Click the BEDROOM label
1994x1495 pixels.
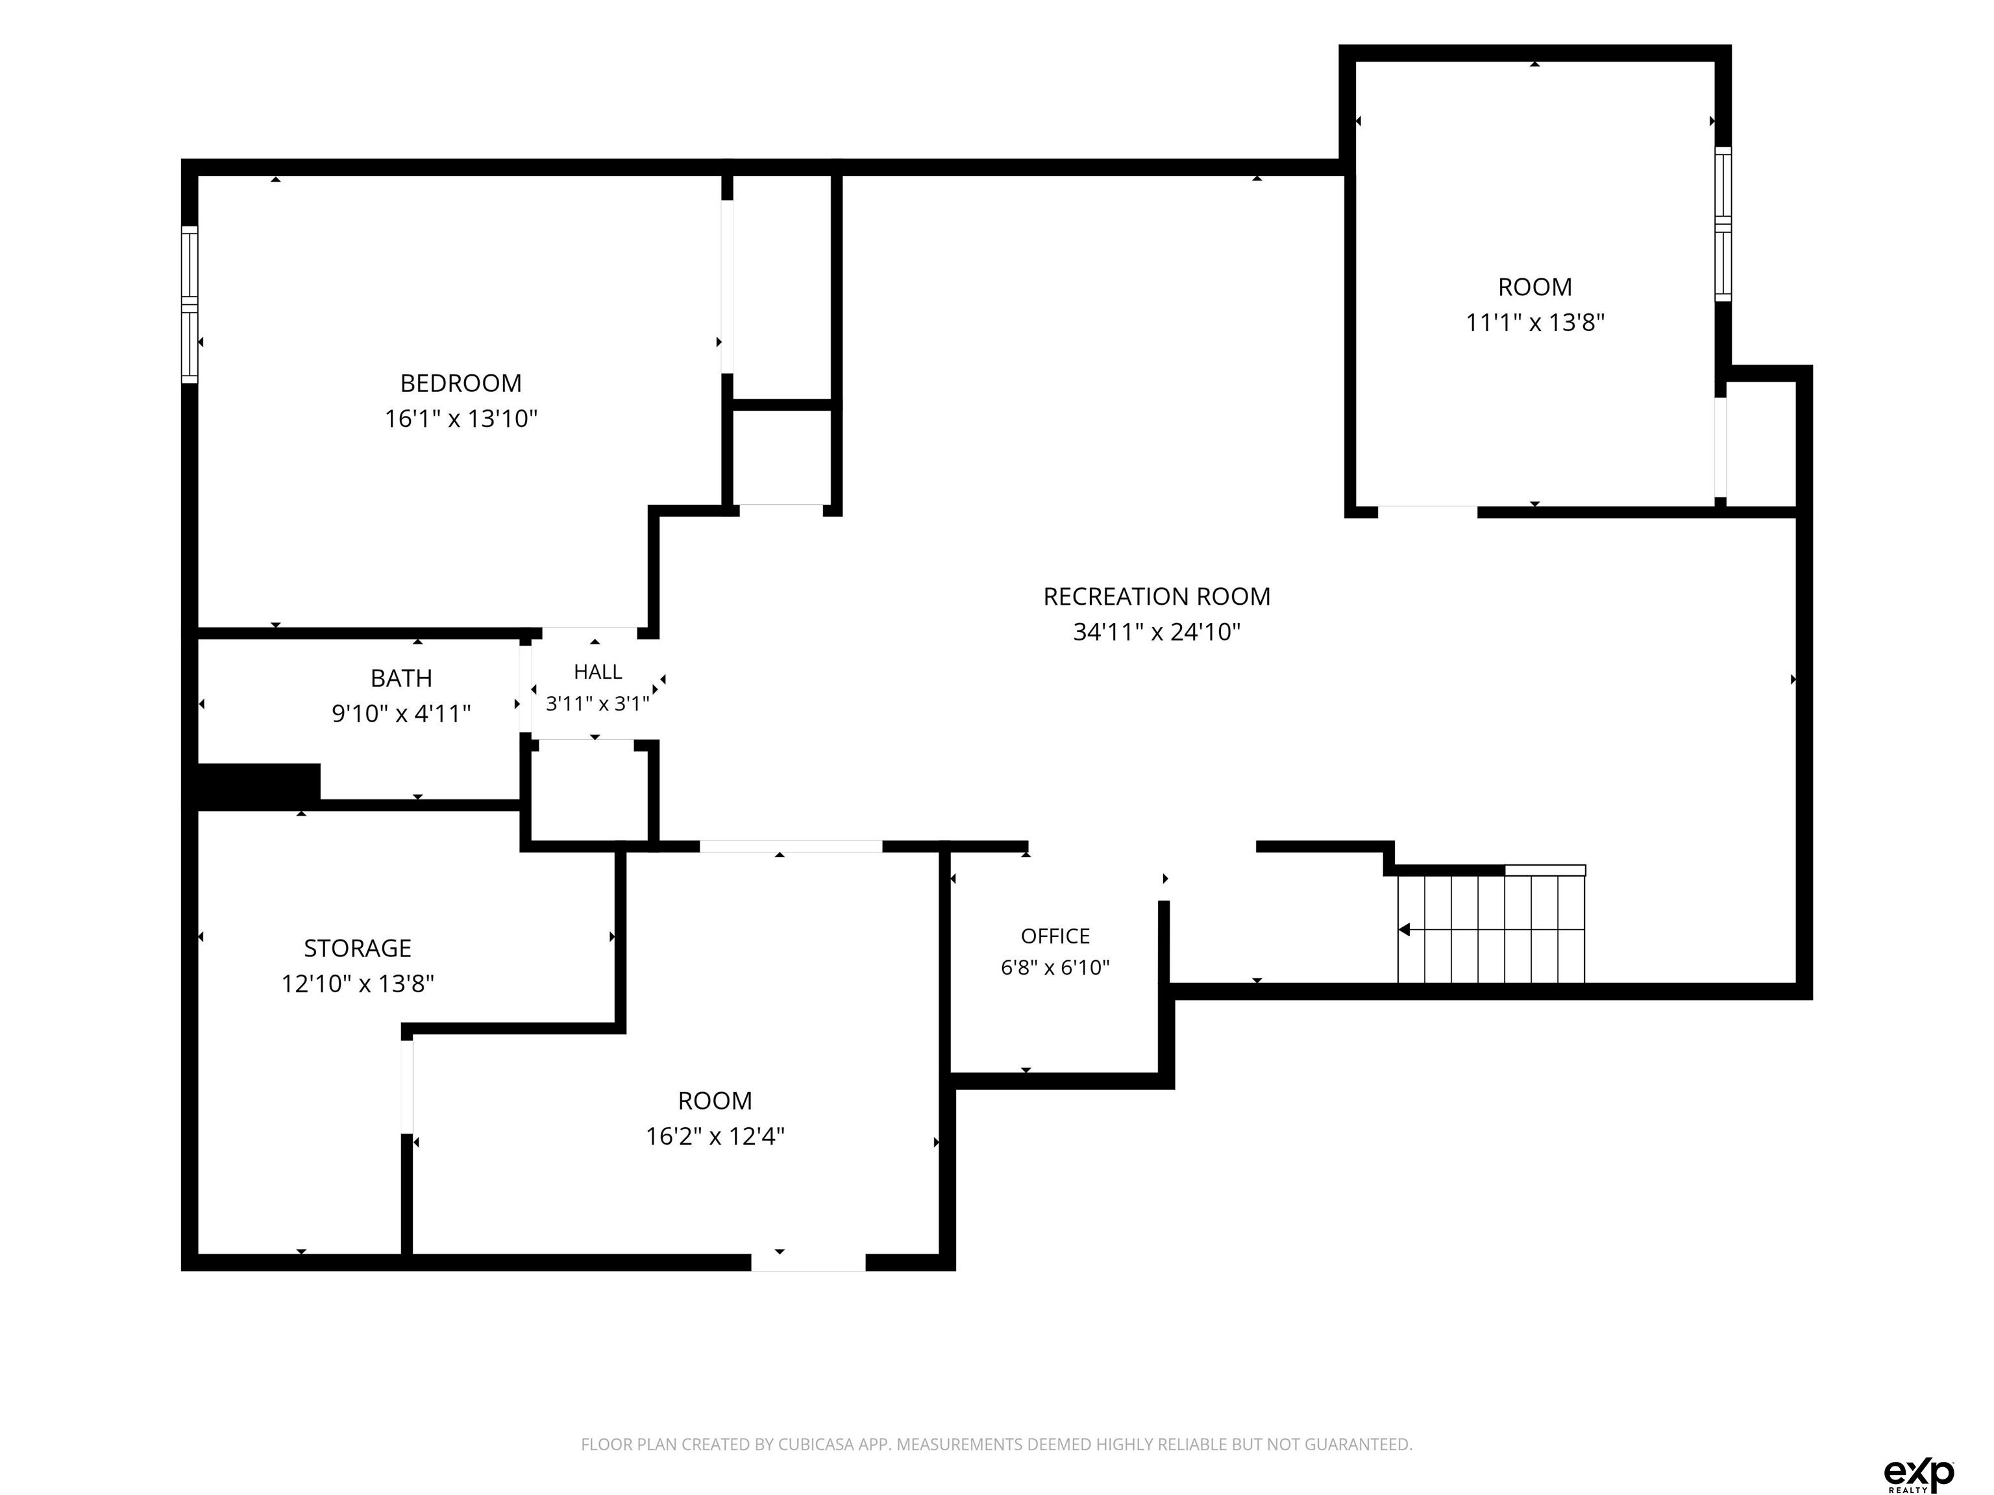461,383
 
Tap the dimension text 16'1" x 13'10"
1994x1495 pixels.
461,418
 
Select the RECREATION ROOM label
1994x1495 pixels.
1157,596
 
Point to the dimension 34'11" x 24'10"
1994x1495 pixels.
1157,632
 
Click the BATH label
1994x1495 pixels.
401,677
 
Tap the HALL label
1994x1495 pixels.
598,672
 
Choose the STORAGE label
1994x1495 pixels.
357,948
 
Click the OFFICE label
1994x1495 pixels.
1055,936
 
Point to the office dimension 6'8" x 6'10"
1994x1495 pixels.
1055,967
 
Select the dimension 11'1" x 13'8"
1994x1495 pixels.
1535,322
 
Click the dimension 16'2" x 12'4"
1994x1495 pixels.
715,1136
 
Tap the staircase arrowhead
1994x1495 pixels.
1403,929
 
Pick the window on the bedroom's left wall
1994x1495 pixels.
190,304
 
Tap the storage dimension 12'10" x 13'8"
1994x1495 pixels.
357,983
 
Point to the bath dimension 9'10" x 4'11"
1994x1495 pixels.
401,714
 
